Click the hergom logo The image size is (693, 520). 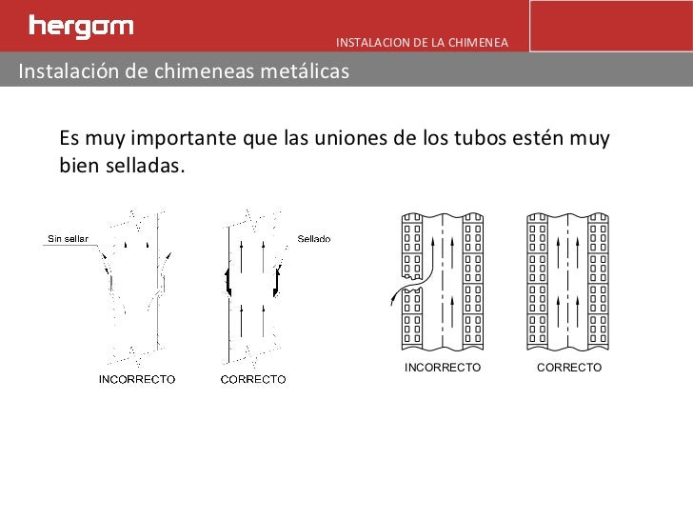click(x=81, y=26)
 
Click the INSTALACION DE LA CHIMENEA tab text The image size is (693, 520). click(x=422, y=43)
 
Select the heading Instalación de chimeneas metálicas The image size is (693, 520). click(x=184, y=71)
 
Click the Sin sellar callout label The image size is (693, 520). click(x=68, y=238)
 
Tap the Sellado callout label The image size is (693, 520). click(x=314, y=239)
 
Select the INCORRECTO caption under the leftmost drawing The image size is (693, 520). click(x=137, y=379)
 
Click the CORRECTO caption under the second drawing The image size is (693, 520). click(x=253, y=379)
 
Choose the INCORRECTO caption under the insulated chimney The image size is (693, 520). click(x=443, y=367)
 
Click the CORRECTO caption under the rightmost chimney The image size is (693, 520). click(x=569, y=367)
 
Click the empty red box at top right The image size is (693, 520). click(x=609, y=26)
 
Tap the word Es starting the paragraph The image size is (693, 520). click(x=69, y=139)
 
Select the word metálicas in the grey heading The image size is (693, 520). click(x=307, y=71)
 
